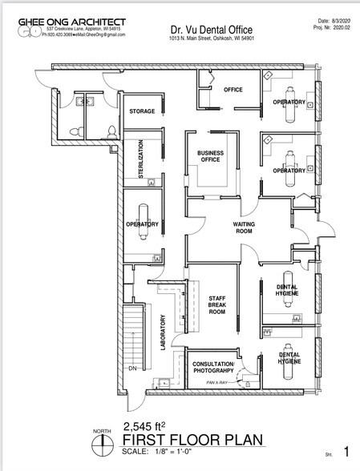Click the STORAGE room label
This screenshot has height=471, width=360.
pos(142,111)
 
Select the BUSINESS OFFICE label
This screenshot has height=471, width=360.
pos(210,155)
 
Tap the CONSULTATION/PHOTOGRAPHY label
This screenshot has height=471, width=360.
pos(212,368)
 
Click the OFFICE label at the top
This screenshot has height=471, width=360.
pos(233,89)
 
